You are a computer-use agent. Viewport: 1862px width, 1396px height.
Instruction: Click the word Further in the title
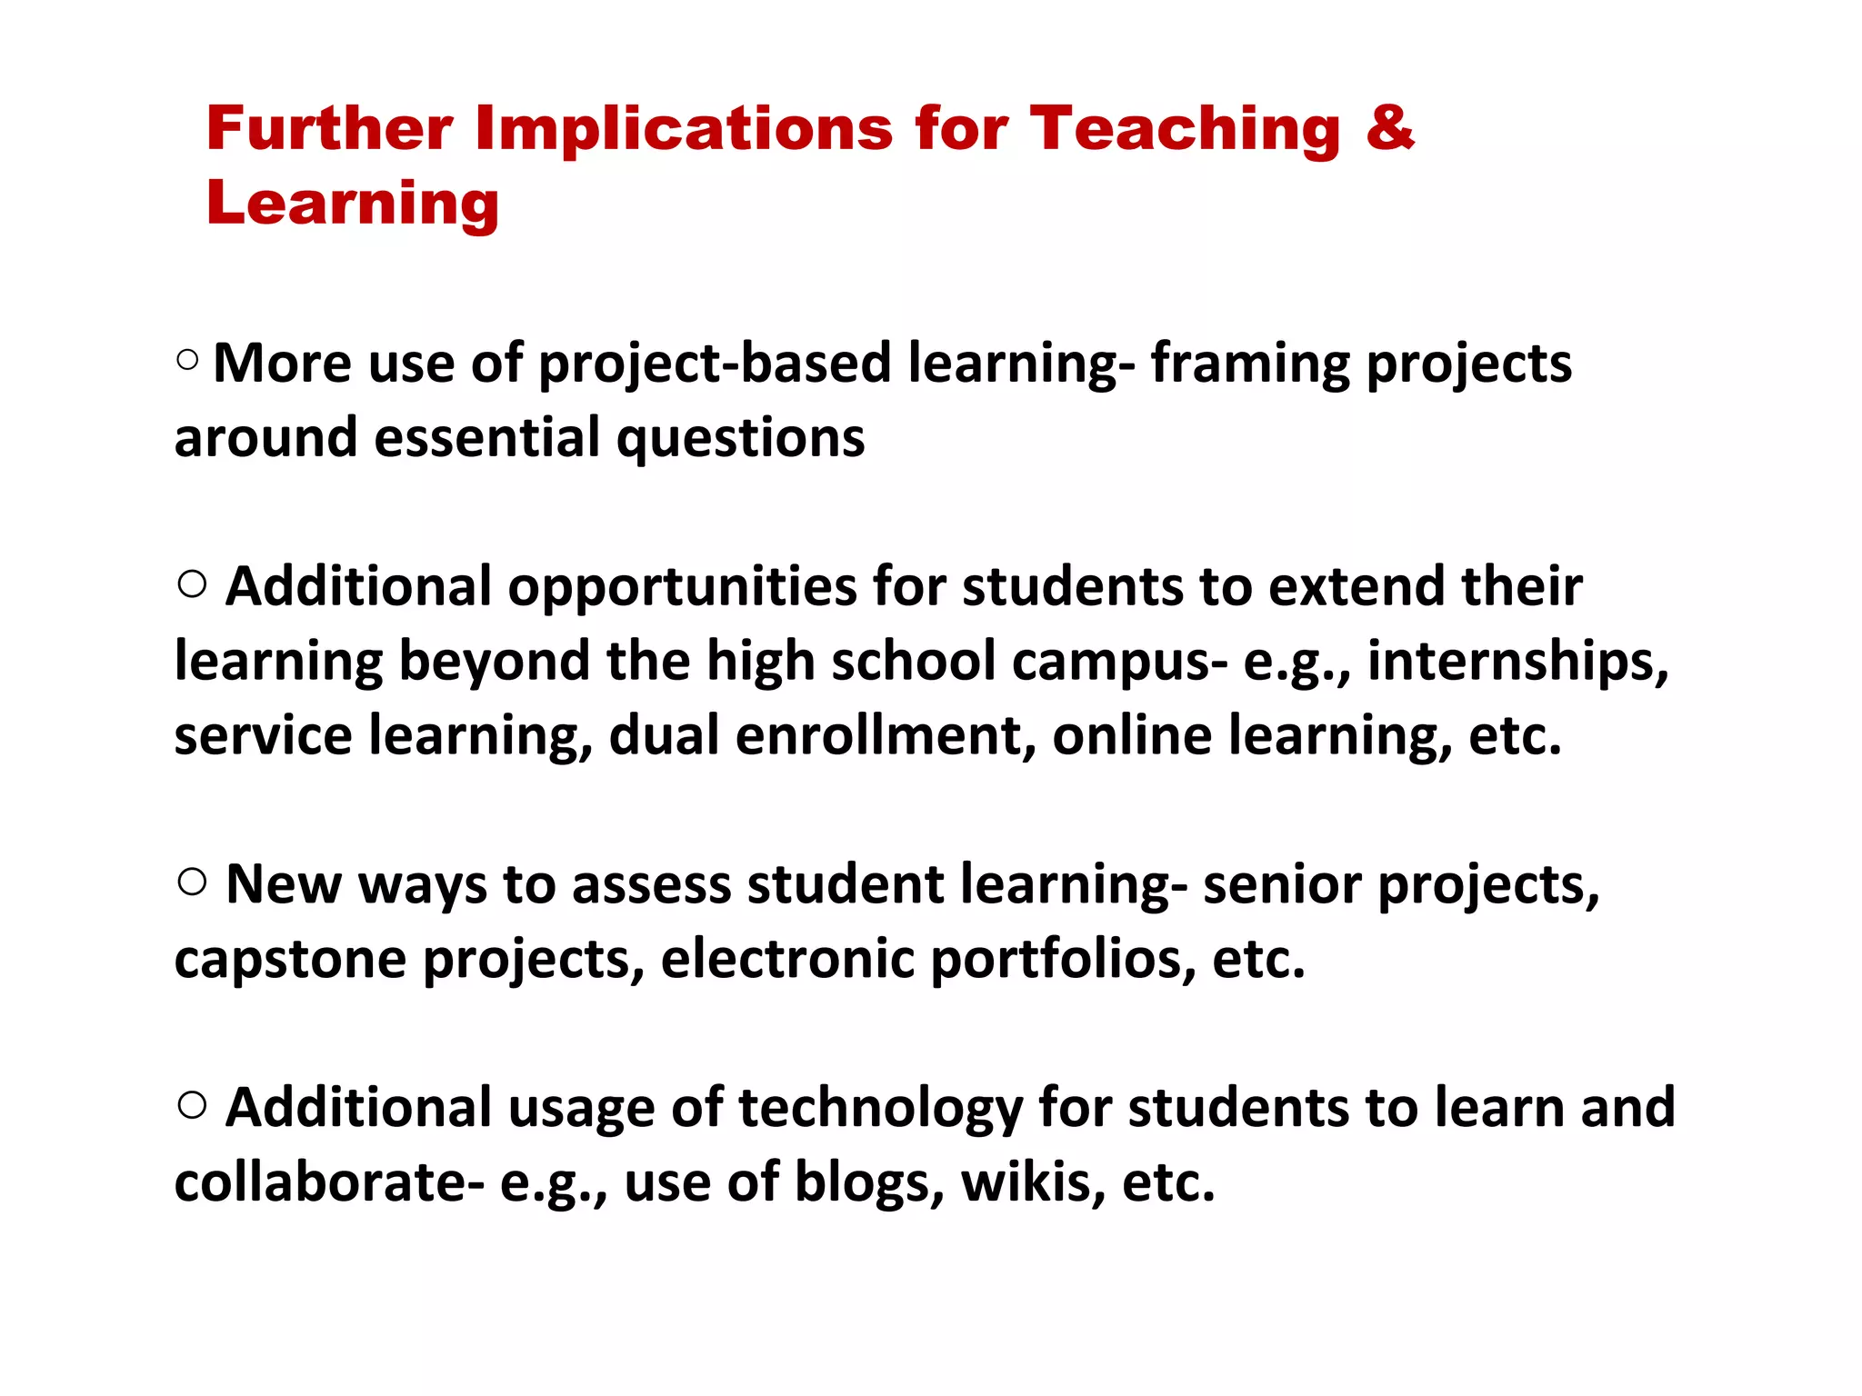coord(329,128)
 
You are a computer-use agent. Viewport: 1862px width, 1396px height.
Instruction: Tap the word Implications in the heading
coord(684,128)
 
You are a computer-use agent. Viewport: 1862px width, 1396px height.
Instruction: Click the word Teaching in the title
coord(1184,130)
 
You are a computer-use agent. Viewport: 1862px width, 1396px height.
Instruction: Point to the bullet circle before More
coord(187,360)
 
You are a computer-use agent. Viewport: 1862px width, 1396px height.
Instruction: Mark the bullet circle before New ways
coord(192,882)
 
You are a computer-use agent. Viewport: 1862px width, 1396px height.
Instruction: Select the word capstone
coord(290,960)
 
